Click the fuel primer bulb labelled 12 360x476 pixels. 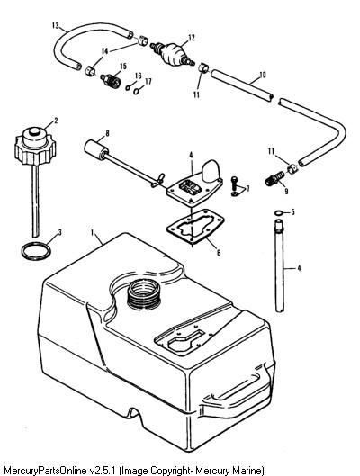click(x=173, y=54)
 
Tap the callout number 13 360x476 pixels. click(x=56, y=25)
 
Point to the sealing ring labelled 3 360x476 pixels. click(x=36, y=251)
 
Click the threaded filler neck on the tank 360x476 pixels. click(x=143, y=293)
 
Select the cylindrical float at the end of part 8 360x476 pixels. click(x=95, y=149)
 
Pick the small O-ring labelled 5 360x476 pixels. click(x=279, y=212)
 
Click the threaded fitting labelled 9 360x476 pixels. click(x=275, y=179)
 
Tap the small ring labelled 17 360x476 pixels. click(x=138, y=91)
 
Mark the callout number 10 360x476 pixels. click(x=263, y=75)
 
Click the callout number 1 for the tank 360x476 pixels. click(x=92, y=232)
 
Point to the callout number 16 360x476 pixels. click(x=138, y=76)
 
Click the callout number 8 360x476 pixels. click(x=107, y=133)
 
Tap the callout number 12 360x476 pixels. click(x=191, y=38)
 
